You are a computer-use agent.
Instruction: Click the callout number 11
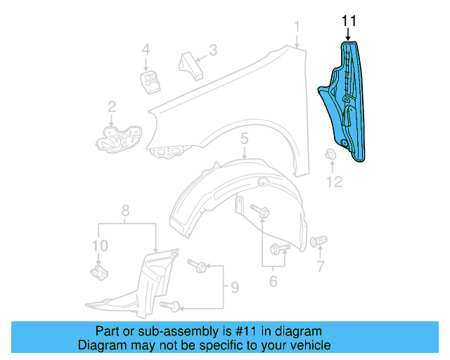(x=349, y=21)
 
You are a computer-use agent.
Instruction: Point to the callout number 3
(x=212, y=50)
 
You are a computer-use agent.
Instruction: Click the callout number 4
(x=146, y=50)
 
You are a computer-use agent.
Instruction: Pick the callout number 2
(x=112, y=107)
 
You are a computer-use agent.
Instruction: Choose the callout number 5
(x=244, y=139)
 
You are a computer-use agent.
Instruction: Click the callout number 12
(x=334, y=183)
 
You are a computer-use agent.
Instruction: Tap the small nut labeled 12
(x=329, y=155)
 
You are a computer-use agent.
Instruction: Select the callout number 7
(x=321, y=266)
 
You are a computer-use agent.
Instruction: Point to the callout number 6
(x=272, y=282)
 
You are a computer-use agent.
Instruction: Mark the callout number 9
(x=235, y=288)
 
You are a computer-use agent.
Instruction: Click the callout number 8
(x=125, y=210)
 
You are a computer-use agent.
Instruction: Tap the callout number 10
(x=100, y=245)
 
